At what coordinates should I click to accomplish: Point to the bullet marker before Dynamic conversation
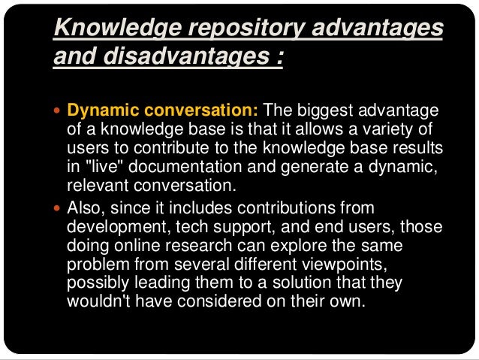59,111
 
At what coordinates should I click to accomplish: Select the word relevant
95,182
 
